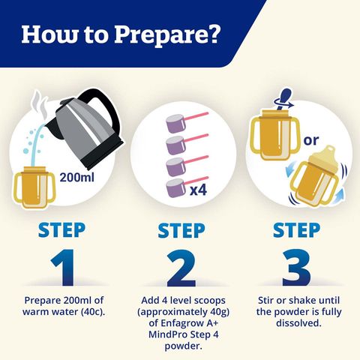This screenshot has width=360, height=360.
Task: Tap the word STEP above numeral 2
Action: pyautogui.click(x=179, y=229)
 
